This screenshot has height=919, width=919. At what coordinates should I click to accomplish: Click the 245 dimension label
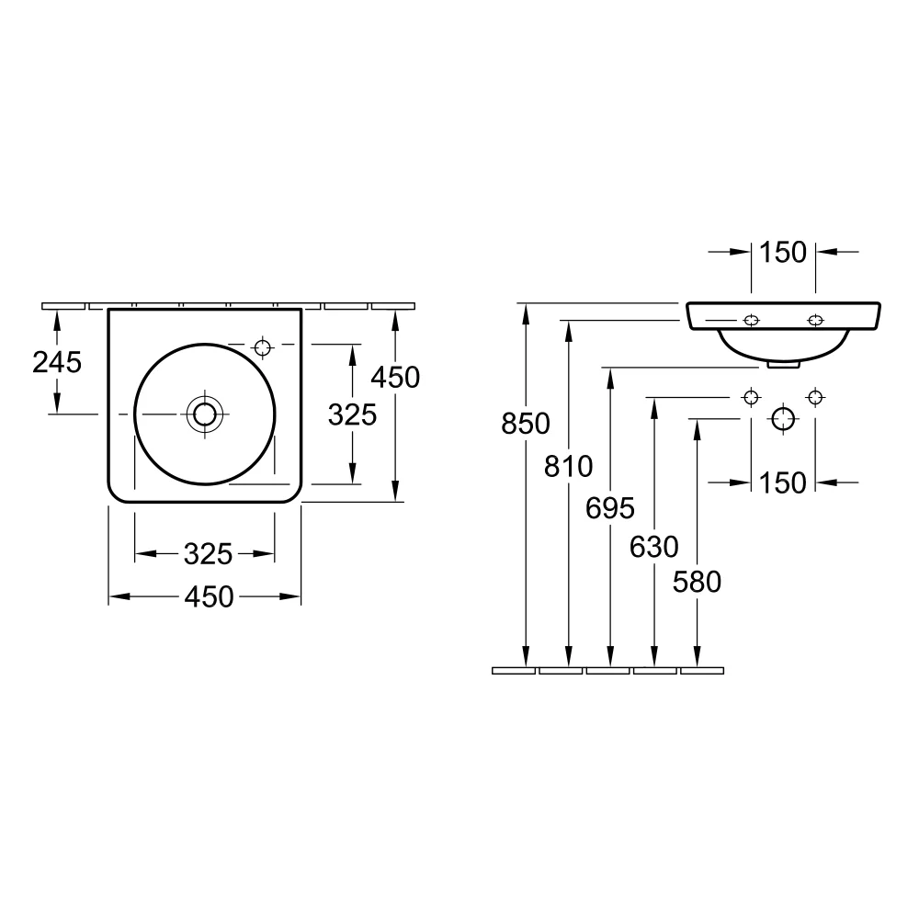(57, 362)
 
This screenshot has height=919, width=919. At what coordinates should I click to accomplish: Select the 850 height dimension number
(525, 424)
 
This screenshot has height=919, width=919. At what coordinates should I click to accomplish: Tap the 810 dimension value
(569, 467)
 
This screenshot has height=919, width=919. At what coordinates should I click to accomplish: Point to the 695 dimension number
(611, 507)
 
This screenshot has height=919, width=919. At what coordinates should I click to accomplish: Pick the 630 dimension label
(653, 548)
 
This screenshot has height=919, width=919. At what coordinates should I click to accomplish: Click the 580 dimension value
(697, 582)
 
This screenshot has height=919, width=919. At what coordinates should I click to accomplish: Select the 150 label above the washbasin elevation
(783, 252)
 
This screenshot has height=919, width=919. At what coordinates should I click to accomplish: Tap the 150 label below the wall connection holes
(783, 482)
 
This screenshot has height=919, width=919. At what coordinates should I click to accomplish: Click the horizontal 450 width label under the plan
(210, 597)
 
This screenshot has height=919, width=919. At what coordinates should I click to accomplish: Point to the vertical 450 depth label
(395, 377)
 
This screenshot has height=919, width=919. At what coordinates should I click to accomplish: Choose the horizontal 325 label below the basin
(207, 553)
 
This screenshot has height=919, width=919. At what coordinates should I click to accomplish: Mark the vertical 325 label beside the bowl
(353, 415)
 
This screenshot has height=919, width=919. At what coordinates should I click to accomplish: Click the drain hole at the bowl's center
(204, 414)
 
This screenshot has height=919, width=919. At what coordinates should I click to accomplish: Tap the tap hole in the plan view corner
(263, 346)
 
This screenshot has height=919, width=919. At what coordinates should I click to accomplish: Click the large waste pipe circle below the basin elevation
(783, 419)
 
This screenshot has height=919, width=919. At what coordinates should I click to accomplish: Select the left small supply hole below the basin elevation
(752, 397)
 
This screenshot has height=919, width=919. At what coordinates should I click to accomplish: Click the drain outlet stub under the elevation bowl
(782, 365)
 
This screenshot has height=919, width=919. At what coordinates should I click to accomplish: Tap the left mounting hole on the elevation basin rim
(752, 320)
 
